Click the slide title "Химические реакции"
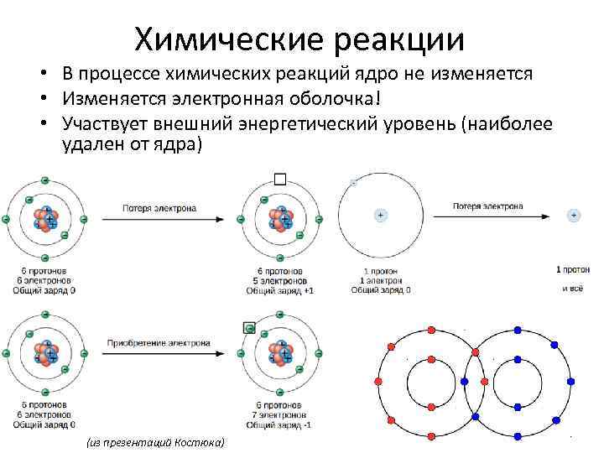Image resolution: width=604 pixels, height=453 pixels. coord(299,37)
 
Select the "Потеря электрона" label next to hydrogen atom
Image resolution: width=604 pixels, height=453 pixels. coord(487,206)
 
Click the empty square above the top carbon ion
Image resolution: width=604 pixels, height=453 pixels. coord(279,179)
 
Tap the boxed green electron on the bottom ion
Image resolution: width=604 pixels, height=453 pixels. coord(248,328)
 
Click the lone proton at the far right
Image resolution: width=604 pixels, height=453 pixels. coord(574,216)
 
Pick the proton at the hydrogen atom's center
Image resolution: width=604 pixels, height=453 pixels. coord(380,216)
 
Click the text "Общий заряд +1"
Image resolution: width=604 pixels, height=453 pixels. coord(279,291)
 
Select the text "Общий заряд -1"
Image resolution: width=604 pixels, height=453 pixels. coord(279,424)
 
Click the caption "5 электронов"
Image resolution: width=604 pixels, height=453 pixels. coord(279,281)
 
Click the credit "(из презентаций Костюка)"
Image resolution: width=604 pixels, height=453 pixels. coord(155,442)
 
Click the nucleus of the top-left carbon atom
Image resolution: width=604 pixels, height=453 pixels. coord(45,219)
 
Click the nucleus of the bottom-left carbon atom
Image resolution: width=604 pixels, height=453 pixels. coord(45,353)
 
